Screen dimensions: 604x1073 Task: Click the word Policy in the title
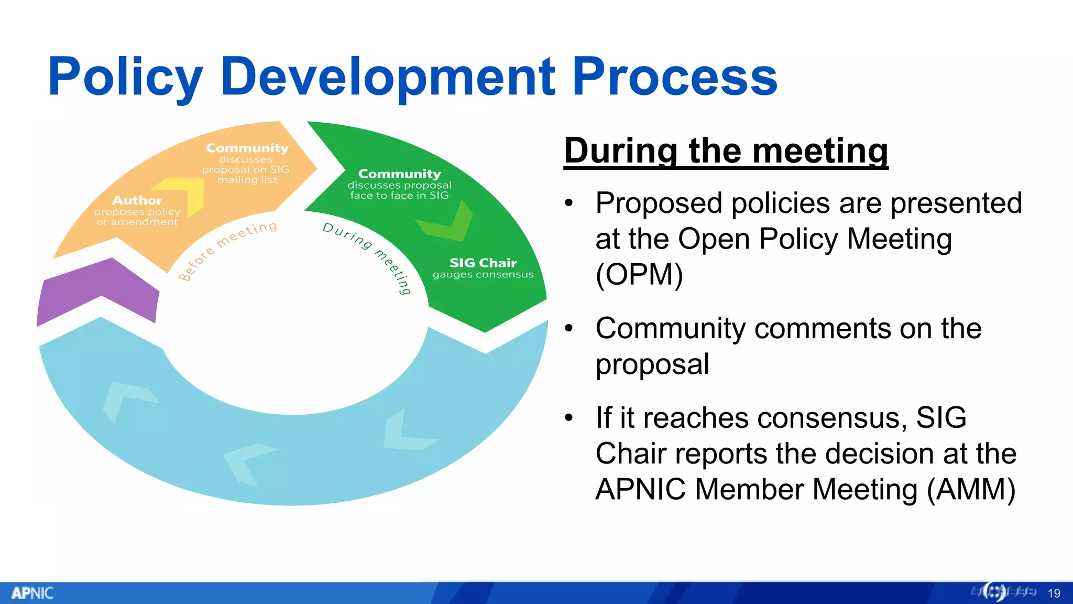[125, 78]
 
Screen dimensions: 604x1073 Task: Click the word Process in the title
[674, 78]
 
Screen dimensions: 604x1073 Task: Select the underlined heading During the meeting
[726, 150]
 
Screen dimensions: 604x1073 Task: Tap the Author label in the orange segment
[137, 200]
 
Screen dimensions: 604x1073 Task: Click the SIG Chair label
[483, 263]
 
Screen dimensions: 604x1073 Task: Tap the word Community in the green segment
[399, 174]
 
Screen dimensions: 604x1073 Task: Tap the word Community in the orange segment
[247, 148]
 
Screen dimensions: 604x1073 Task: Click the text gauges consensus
[483, 275]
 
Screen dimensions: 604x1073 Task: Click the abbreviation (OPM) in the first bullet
[639, 275]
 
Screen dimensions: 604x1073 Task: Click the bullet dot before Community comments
[570, 329]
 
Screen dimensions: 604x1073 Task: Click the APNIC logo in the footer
[32, 593]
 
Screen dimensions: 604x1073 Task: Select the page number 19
[1054, 594]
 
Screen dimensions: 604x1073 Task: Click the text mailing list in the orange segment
[247, 180]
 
